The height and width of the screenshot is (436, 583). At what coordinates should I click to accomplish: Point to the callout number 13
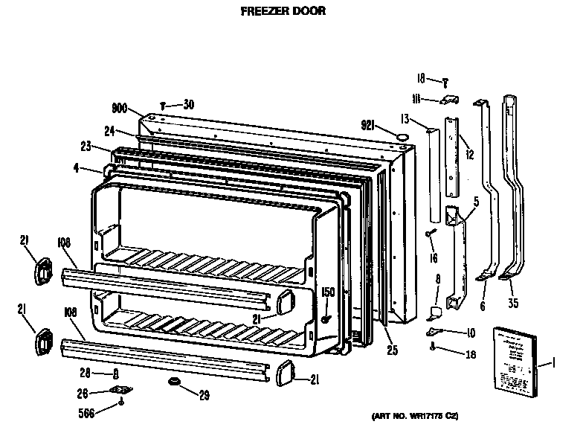click(405, 118)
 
